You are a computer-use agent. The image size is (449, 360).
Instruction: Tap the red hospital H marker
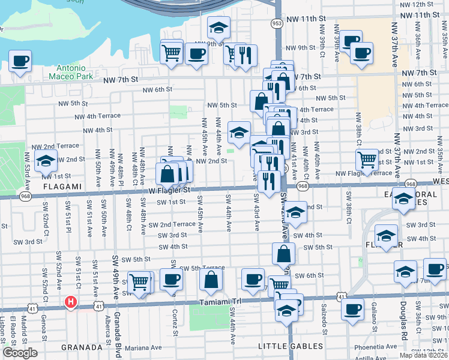71,302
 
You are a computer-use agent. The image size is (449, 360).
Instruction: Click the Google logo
20,353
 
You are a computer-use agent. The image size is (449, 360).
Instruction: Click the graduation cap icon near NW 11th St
218,27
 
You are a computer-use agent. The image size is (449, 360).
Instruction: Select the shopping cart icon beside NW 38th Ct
367,160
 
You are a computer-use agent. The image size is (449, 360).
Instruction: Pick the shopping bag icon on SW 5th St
283,254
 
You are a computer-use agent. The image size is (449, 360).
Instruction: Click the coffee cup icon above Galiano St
352,309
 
